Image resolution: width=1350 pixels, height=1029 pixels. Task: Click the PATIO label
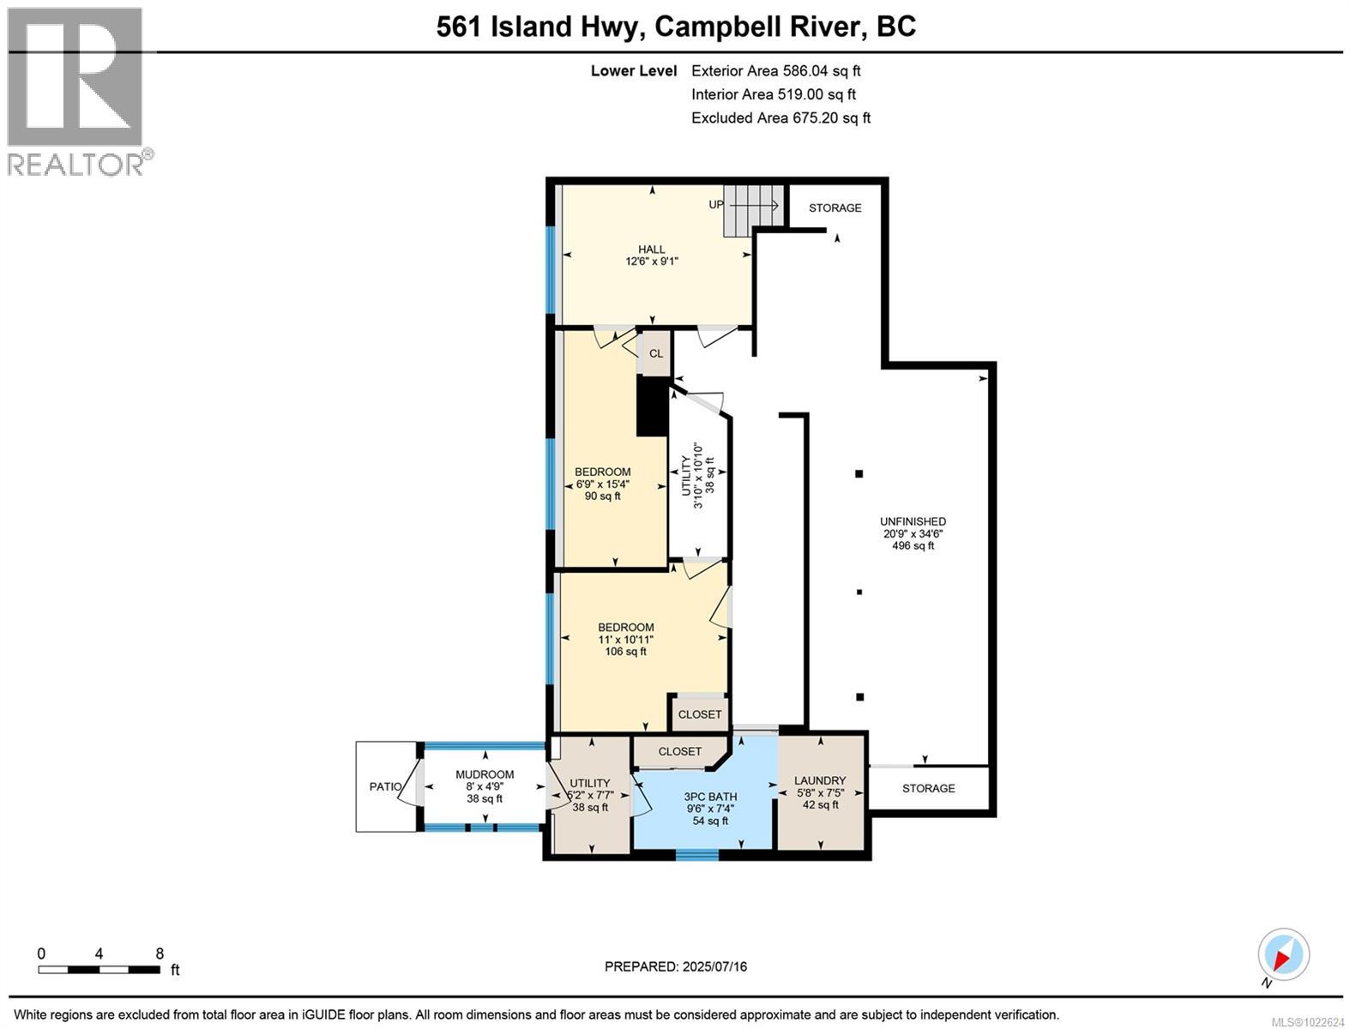click(x=385, y=786)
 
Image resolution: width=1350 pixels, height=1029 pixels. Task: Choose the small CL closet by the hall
click(x=656, y=353)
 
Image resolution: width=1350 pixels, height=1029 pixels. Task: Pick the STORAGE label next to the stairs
click(x=835, y=208)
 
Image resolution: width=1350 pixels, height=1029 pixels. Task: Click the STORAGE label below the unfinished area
click(x=928, y=788)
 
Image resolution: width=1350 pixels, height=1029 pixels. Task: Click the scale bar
click(x=99, y=970)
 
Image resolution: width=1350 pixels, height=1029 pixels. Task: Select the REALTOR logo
click(x=77, y=90)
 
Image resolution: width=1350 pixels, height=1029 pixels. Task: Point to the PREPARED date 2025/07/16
click(x=676, y=966)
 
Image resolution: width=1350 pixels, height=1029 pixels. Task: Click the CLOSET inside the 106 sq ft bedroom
click(x=699, y=714)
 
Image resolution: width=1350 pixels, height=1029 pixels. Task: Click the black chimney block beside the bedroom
click(x=652, y=407)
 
